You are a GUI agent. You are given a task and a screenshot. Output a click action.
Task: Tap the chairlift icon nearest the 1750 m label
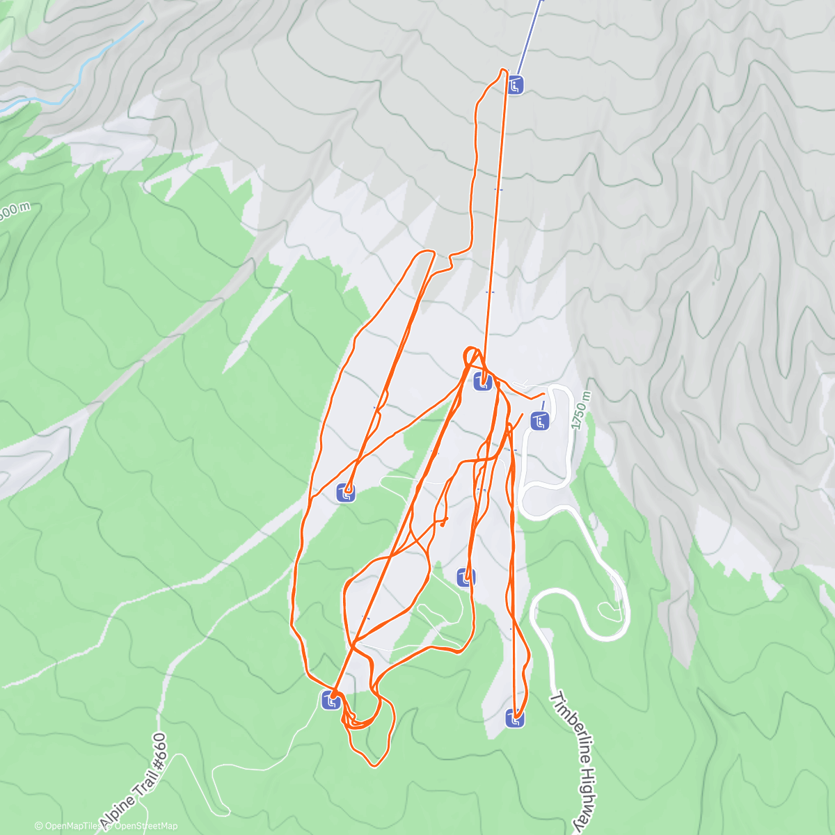(540, 420)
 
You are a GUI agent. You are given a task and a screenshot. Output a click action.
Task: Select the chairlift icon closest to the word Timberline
(515, 718)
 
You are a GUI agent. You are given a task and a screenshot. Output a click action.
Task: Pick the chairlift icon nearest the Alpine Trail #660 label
(331, 701)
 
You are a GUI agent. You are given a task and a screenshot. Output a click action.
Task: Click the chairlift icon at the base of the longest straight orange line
(484, 381)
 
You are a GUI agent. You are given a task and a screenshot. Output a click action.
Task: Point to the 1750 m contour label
(580, 410)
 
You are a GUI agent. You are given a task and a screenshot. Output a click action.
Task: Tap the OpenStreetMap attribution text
(145, 826)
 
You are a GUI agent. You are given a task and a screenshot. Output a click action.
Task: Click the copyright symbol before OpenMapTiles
(38, 826)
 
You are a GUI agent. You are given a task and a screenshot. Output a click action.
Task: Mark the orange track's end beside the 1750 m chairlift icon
(543, 395)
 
